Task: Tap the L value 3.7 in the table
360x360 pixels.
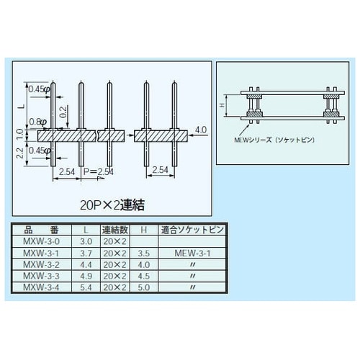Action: [x=86, y=253]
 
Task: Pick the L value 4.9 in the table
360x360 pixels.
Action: [x=86, y=275]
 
